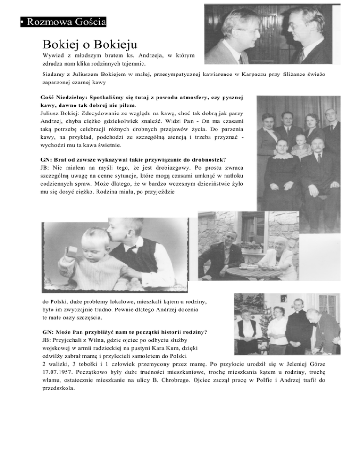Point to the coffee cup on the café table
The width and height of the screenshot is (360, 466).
coord(244,266)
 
